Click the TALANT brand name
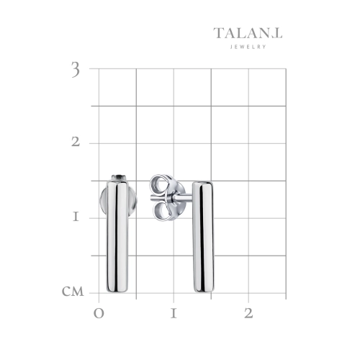coord(248,33)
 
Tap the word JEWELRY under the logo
coord(248,47)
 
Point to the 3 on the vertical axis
coord(76,70)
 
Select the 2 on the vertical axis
coord(76,142)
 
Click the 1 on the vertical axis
coord(76,217)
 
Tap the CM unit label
coord(73,292)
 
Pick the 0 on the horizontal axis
coord(99,313)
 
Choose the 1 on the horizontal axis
coord(174,313)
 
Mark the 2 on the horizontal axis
coord(248,313)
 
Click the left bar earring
coord(117,236)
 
